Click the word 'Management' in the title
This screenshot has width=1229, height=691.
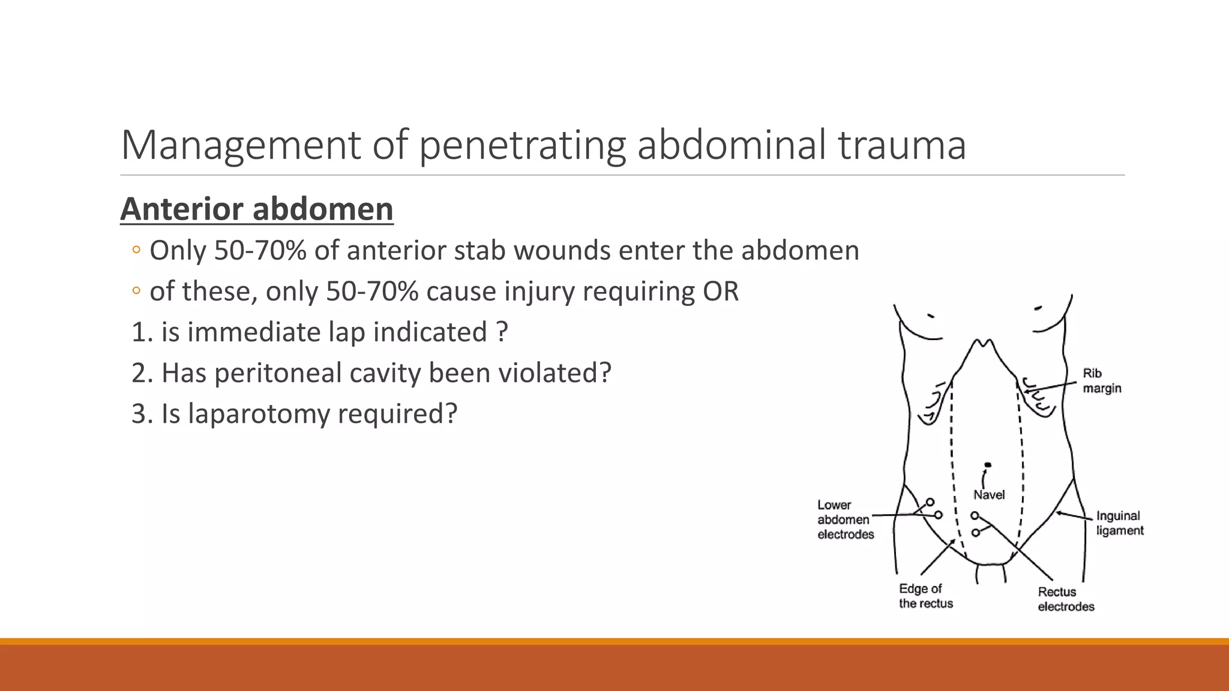coord(241,145)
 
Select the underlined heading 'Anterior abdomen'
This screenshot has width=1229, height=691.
coord(257,209)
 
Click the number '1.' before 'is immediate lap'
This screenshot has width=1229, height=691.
coord(142,332)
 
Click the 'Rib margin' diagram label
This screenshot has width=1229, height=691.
coord(1102,381)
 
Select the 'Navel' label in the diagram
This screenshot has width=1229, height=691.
coord(989,495)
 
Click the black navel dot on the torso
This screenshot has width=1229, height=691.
coord(988,465)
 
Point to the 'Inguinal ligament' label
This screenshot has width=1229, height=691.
coord(1120,523)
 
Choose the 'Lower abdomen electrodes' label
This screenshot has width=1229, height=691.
coord(845,520)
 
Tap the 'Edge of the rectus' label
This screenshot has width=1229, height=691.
coord(925,596)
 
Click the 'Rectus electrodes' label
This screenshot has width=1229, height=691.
coord(1066,599)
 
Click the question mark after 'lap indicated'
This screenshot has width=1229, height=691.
coord(503,332)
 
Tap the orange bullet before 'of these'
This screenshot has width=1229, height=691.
coord(136,291)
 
